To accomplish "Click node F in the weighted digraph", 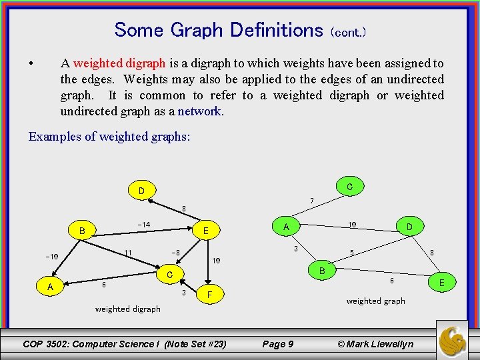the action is point(209,294).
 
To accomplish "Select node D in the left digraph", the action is point(141,191).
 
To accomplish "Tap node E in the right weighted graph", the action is point(441,283).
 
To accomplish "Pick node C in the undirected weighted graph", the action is point(349,187).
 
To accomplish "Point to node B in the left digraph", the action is point(82,231).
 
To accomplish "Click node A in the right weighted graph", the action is point(286,227).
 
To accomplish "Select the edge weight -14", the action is point(143,225).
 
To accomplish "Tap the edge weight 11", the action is point(128,253).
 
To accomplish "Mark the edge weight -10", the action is point(51,256).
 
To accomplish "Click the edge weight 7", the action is point(311,201).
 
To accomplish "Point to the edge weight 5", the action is point(351,252).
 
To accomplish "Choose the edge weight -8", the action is point(176,253).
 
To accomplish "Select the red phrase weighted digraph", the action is point(119,63).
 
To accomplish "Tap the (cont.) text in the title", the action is point(349,32).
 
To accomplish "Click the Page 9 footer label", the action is point(278,344).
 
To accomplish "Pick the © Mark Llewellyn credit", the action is point(375,344).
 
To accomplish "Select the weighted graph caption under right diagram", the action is point(375,301).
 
